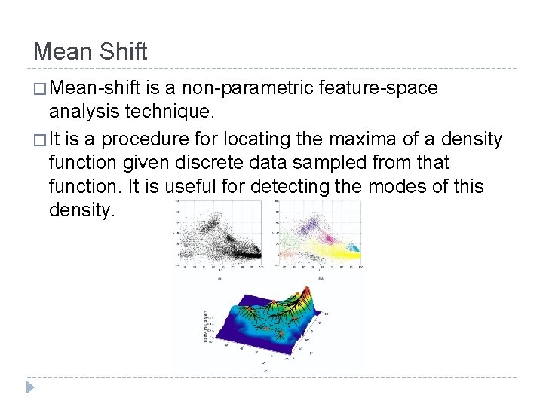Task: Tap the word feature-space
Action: (379, 88)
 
